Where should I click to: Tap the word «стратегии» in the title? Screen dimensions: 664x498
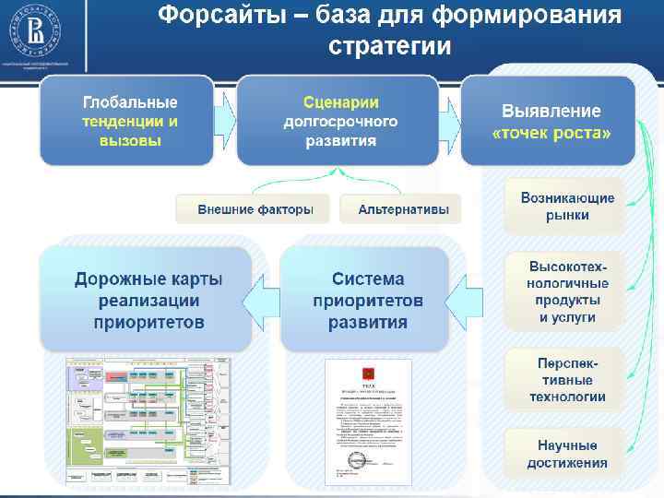tap(390, 46)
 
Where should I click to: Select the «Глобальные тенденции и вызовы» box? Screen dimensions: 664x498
tap(130, 121)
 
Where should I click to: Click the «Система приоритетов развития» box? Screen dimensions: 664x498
tap(368, 300)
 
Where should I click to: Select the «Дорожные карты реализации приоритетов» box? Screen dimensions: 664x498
tap(148, 300)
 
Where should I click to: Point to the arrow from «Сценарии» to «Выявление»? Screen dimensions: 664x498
tap(450, 120)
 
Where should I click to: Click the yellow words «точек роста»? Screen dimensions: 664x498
tap(551, 134)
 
